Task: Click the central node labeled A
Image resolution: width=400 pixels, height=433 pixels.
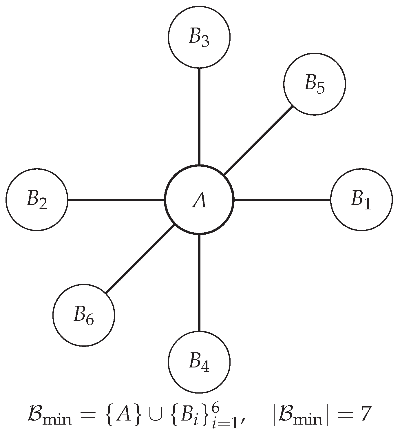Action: click(x=199, y=200)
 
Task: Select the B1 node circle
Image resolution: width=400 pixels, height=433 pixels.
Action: click(x=361, y=200)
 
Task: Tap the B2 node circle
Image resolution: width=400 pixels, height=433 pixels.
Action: click(x=37, y=200)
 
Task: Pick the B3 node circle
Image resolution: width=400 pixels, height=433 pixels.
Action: click(x=199, y=37)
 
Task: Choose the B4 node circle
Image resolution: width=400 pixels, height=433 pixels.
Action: click(x=199, y=362)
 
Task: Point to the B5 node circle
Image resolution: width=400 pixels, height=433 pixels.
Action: click(x=315, y=84)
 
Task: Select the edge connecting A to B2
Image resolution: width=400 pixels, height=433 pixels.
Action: click(x=116, y=200)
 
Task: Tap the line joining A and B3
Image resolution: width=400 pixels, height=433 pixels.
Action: click(x=199, y=116)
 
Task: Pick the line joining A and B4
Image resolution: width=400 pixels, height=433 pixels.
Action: click(x=199, y=283)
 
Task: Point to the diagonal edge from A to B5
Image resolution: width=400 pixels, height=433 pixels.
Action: click(x=258, y=141)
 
